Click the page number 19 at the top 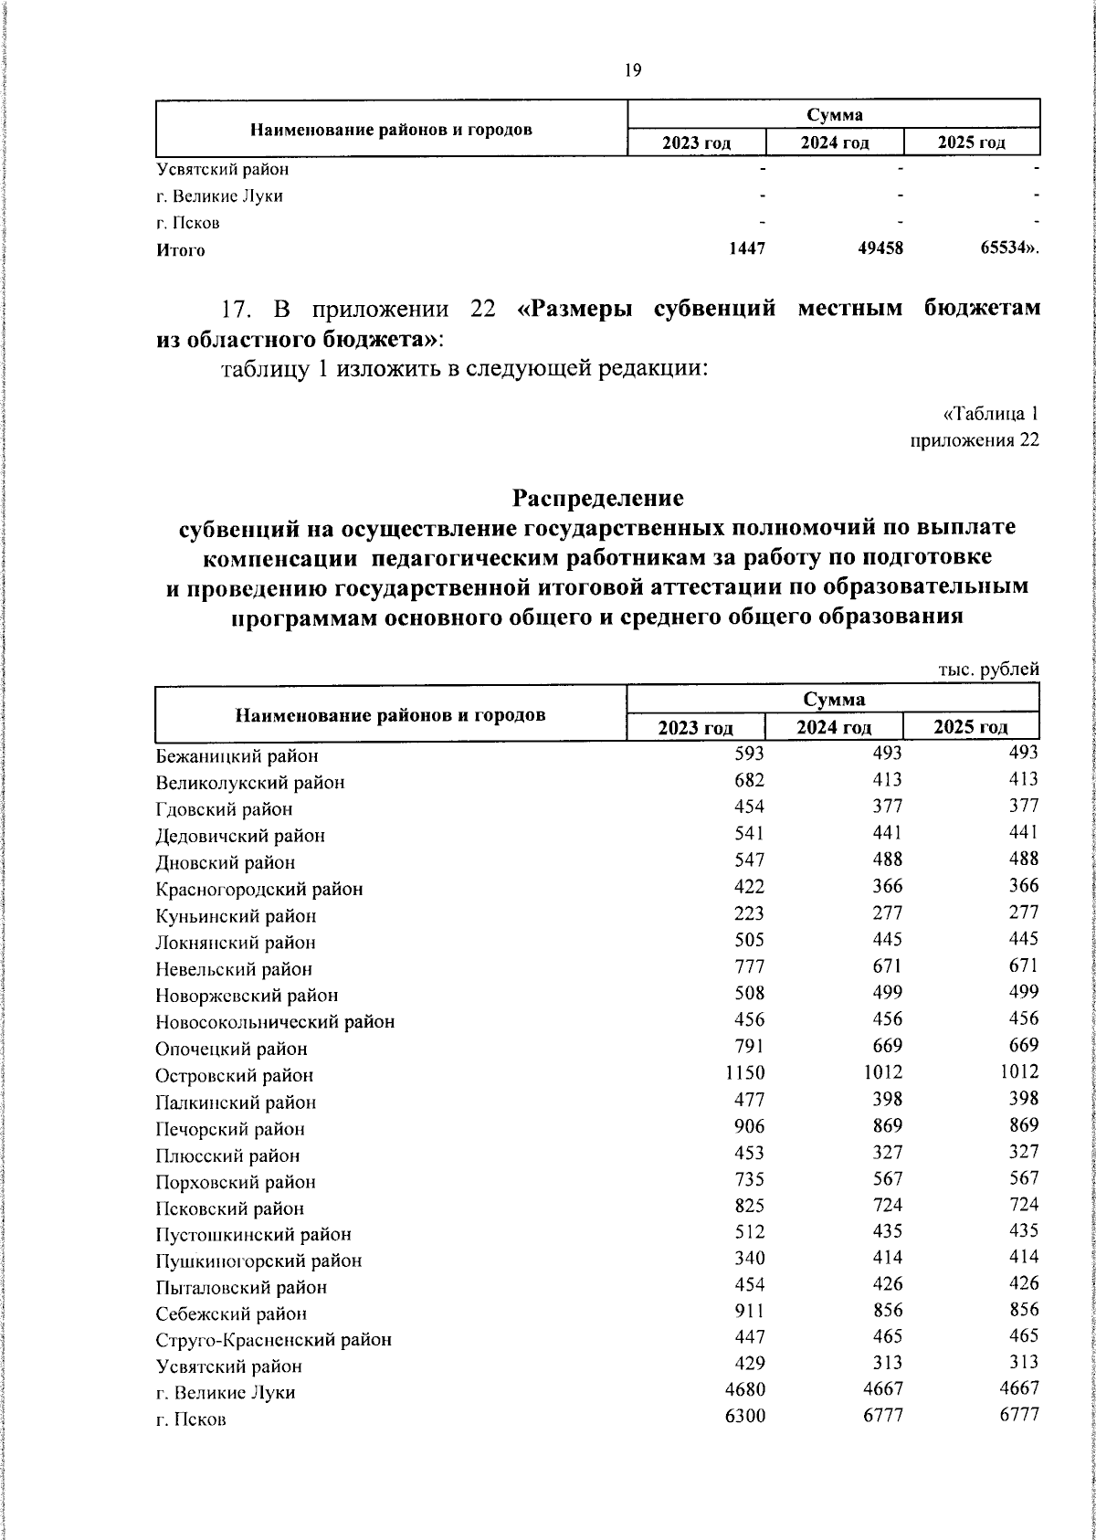pyautogui.click(x=633, y=71)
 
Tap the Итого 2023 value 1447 pyautogui.click(x=748, y=248)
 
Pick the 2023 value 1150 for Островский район pyautogui.click(x=745, y=1072)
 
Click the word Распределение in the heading pyautogui.click(x=597, y=499)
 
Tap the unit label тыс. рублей pyautogui.click(x=989, y=670)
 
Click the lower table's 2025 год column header pyautogui.click(x=970, y=727)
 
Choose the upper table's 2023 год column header pyautogui.click(x=697, y=143)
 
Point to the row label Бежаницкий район pyautogui.click(x=237, y=756)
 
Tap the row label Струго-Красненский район pyautogui.click(x=273, y=1340)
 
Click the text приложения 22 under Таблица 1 pyautogui.click(x=975, y=441)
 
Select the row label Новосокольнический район pyautogui.click(x=275, y=1022)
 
